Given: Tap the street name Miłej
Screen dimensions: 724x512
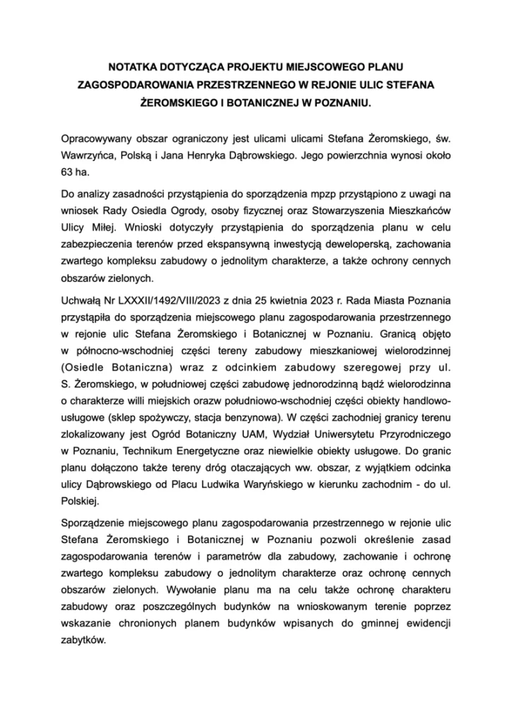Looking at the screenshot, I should pyautogui.click(x=105, y=228).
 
